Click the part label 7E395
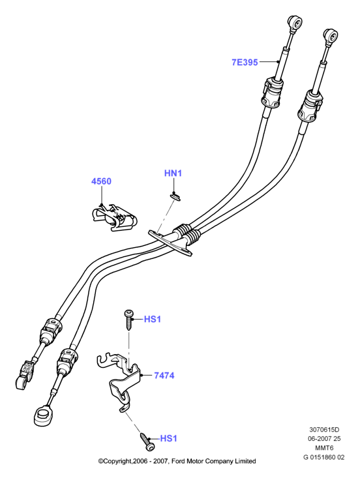(x=245, y=63)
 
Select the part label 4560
(x=101, y=181)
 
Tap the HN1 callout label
(x=173, y=173)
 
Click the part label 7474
(x=164, y=375)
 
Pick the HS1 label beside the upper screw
(x=153, y=320)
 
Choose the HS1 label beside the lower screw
(x=169, y=438)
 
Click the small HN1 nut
(x=175, y=196)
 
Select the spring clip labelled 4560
(x=114, y=217)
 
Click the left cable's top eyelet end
(x=295, y=23)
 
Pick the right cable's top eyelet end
(x=331, y=37)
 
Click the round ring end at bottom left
(x=42, y=415)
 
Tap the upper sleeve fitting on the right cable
(x=310, y=106)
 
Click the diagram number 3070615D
(x=324, y=430)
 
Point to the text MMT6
(x=324, y=448)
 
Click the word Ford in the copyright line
(x=178, y=461)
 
